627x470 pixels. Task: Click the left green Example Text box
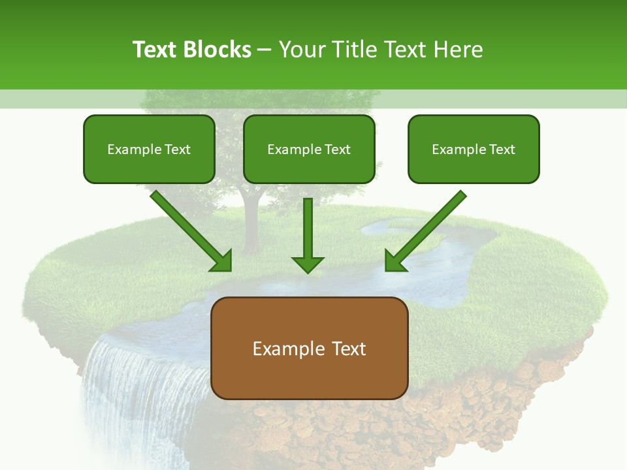click(x=149, y=149)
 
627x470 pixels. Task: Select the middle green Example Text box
click(x=309, y=149)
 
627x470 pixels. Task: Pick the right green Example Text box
click(x=474, y=149)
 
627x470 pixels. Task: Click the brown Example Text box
click(x=310, y=349)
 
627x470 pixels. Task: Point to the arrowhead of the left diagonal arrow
click(x=222, y=262)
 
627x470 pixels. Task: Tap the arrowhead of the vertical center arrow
click(x=308, y=264)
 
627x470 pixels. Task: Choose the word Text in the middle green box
click(x=337, y=149)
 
